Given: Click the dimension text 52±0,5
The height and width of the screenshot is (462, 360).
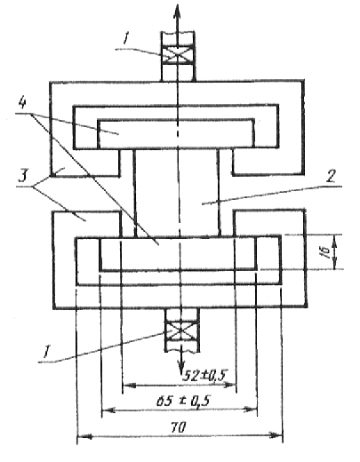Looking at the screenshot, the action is [x=204, y=376].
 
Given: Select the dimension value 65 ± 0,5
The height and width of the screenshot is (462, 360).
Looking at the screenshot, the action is [x=183, y=402].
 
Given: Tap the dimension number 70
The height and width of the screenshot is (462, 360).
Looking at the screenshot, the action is [x=179, y=427].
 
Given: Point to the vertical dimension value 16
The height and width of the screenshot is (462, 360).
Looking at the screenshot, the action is [x=326, y=252].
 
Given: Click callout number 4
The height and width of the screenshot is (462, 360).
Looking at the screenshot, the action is [x=22, y=103].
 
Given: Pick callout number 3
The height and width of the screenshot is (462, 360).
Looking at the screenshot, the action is [x=22, y=176].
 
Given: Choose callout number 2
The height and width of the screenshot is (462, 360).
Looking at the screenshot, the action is [x=330, y=177].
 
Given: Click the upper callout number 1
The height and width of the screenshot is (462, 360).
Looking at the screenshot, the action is [x=126, y=38].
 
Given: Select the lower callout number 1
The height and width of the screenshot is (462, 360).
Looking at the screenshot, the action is [x=46, y=353].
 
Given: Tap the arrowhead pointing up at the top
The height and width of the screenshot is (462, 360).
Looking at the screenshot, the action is [x=177, y=11].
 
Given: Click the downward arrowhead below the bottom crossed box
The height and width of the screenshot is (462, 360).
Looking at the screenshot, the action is [x=180, y=368].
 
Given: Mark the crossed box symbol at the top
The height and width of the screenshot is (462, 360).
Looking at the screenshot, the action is [x=178, y=55].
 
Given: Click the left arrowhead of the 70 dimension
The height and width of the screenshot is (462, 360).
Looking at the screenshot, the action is [x=84, y=436].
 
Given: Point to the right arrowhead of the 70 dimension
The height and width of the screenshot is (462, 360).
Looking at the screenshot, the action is [x=275, y=434].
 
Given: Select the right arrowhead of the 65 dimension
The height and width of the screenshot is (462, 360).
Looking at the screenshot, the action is [x=250, y=410].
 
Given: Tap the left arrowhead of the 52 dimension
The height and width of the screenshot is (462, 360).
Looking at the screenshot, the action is [x=129, y=386].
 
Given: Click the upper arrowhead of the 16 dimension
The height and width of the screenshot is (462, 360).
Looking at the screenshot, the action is [x=334, y=241].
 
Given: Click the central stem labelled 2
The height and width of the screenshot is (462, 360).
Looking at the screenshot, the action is [x=177, y=193].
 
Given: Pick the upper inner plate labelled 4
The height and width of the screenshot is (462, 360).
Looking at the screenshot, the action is [x=176, y=134].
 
